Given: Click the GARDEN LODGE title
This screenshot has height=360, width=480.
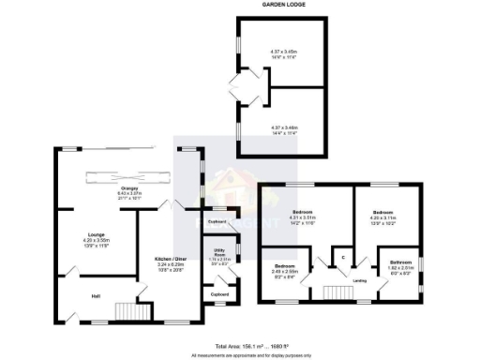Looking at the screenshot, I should (282, 5).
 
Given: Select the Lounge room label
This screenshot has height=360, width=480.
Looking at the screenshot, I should (95, 234).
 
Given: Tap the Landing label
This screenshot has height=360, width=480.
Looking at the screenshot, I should (358, 279).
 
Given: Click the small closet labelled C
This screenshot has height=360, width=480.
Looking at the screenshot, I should (343, 257).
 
